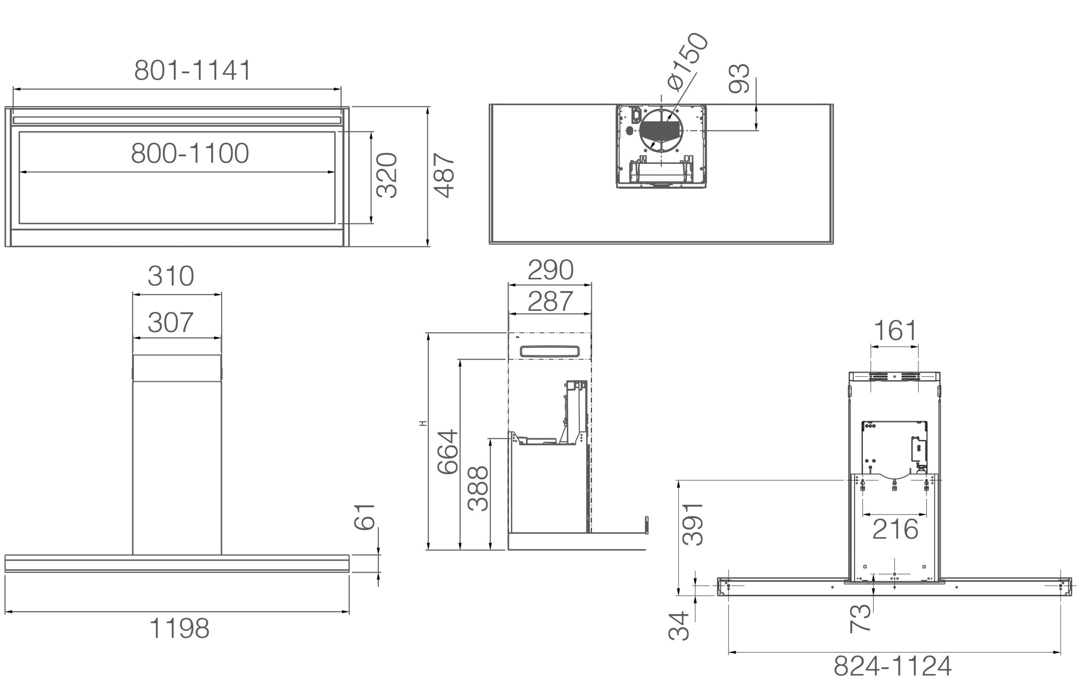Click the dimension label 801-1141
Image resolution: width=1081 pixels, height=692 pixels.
click(193, 71)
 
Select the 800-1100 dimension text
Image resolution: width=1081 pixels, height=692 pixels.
click(190, 153)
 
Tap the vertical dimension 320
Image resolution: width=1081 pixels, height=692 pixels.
click(387, 175)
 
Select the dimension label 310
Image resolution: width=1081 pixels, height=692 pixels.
click(171, 276)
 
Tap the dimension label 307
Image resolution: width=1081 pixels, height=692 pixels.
click(171, 322)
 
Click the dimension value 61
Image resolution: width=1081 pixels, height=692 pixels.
click(365, 517)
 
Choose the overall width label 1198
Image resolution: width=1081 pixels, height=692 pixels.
click(179, 628)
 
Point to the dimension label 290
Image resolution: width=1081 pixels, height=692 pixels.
click(550, 270)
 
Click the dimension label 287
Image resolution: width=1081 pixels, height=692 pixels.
click(550, 301)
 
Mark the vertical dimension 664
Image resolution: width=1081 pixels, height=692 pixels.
click(448, 452)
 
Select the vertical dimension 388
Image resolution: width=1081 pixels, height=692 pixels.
click(478, 488)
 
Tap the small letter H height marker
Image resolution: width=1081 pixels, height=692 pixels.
click(423, 423)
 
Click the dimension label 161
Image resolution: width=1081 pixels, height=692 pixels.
click(895, 331)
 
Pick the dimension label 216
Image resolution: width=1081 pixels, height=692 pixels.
click(895, 529)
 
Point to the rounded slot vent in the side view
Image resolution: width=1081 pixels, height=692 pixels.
click(549, 351)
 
